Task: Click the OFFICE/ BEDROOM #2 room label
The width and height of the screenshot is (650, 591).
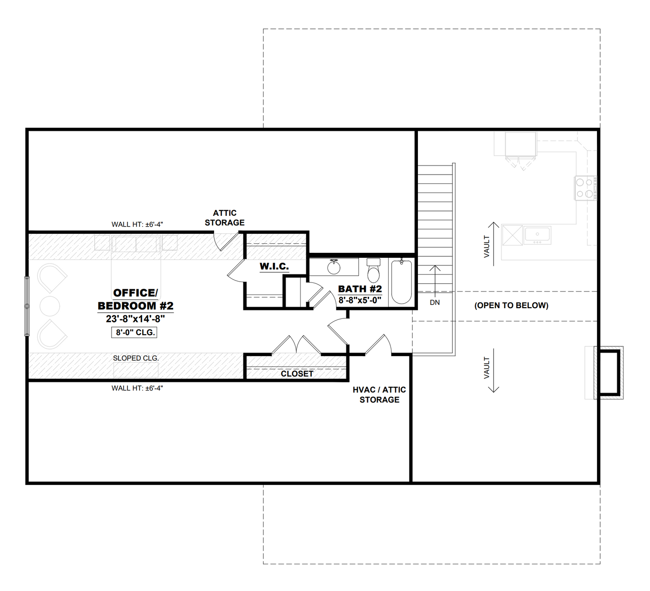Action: pos(135,300)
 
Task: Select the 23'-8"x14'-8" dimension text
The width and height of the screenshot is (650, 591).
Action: pos(135,319)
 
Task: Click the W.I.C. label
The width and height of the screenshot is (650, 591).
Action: pos(274,266)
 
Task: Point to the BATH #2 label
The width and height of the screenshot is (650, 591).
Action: pos(360,289)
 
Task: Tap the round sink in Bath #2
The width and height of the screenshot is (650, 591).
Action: pos(334,267)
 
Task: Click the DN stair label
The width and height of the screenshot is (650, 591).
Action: pos(435,303)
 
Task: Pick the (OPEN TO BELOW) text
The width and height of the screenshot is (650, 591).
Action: pos(511,305)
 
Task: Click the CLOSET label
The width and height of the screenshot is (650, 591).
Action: pos(297,374)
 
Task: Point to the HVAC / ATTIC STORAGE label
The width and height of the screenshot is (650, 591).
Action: pos(379,394)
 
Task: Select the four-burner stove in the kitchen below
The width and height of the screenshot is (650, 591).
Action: pos(585,188)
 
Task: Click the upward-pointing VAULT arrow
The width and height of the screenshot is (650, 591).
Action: pos(493,243)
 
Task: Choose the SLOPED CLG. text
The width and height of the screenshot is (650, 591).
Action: pos(136,358)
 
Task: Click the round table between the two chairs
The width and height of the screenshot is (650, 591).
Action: pos(50,306)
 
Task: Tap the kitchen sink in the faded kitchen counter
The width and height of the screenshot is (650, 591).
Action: pos(537,235)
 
